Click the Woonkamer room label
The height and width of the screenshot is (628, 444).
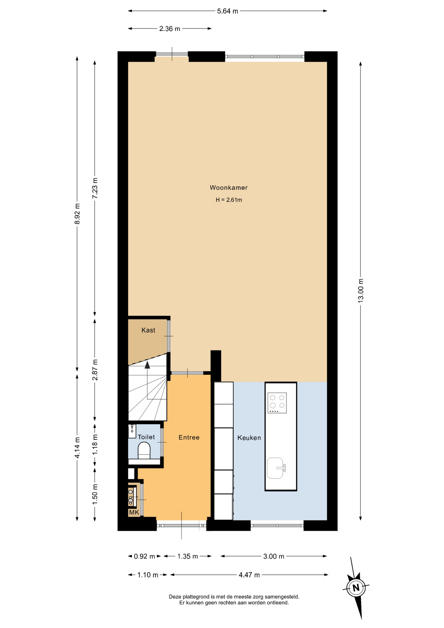(229, 188)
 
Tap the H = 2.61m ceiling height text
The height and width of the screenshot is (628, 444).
(229, 200)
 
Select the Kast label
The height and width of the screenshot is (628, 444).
(148, 330)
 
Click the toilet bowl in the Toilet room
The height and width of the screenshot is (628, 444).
(144, 450)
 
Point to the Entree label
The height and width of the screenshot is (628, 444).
(189, 437)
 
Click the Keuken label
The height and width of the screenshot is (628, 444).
(249, 438)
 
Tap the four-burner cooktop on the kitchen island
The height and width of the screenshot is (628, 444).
(277, 403)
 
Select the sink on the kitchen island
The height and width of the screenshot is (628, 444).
(276, 468)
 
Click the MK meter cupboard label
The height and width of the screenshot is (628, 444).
(134, 513)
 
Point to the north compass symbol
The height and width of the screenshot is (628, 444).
(356, 587)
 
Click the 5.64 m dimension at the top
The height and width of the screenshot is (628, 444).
(228, 11)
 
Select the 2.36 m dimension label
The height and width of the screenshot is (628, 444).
(170, 29)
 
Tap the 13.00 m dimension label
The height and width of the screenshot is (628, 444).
(361, 290)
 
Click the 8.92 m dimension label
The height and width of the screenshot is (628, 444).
(77, 214)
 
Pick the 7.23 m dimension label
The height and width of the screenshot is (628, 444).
(95, 188)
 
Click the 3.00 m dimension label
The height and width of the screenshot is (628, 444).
(274, 556)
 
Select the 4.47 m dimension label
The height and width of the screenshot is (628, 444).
(249, 575)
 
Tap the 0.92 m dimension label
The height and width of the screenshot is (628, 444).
(144, 556)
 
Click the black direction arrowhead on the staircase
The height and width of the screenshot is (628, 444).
(147, 365)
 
